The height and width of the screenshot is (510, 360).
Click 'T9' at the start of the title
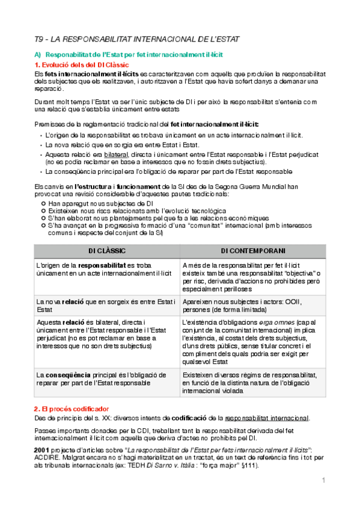tap(38, 39)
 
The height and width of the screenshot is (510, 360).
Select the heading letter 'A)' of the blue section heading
tap(38, 55)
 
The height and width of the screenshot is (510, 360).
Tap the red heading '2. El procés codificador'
tap(72, 408)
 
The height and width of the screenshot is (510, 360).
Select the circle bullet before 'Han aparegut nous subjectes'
tap(43, 204)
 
